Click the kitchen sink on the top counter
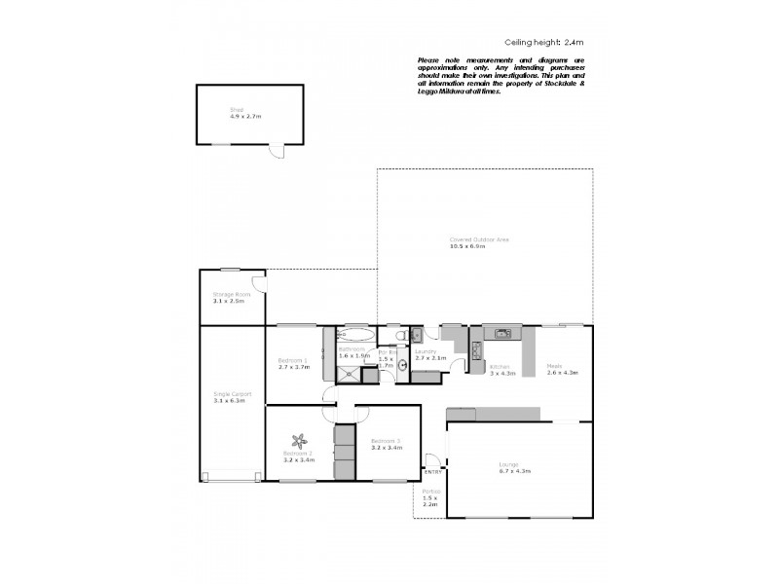502,334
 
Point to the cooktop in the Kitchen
476,347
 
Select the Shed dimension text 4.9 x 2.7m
232,116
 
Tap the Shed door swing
277,152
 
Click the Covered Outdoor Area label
478,239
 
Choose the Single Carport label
232,394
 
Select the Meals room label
554,366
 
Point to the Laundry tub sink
416,334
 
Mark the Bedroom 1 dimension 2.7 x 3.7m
292,367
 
